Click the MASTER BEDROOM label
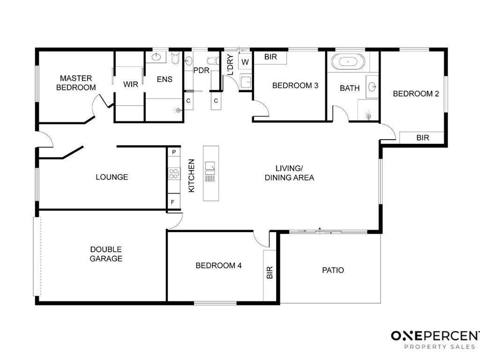76,82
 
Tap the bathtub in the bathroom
348,62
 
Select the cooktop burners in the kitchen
174,173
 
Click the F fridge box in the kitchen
173,202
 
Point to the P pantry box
174,152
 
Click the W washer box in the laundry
245,62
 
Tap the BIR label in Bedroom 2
423,138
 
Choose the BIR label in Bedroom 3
270,57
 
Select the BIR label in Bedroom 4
270,272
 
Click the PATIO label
333,270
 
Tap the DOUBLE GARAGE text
106,254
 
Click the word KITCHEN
191,176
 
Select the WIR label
131,84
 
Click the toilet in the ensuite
175,58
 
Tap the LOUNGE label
112,177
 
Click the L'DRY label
231,65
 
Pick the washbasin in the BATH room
372,87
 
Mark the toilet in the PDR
213,60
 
